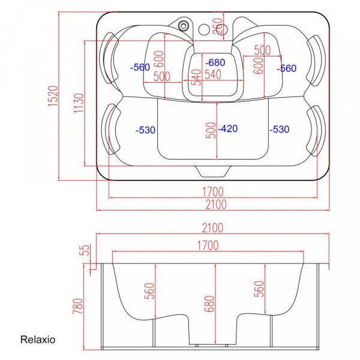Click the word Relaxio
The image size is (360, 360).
tap(38, 340)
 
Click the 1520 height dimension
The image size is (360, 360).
tap(53, 96)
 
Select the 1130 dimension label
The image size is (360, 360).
tap(79, 103)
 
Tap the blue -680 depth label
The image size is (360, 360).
tap(215, 62)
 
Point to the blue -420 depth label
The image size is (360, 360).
tap(228, 128)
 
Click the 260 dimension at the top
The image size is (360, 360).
tap(218, 26)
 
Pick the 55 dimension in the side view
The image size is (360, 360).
tap(84, 250)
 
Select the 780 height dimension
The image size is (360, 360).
tap(77, 306)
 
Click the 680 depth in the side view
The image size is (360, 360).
tap(209, 304)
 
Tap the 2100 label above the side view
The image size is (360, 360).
tap(212, 228)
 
